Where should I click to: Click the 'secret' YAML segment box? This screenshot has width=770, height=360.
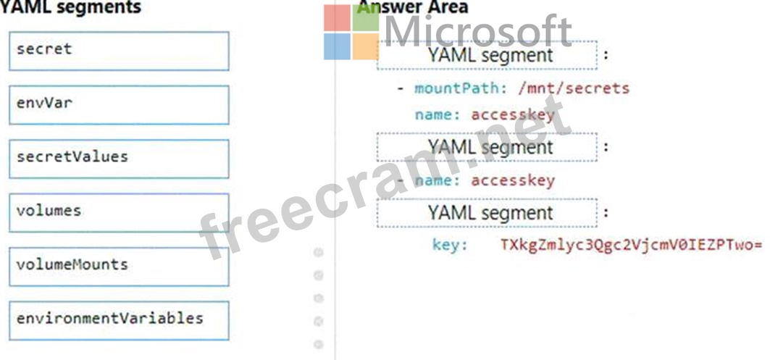pos(119,51)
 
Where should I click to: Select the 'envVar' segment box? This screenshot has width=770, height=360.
pos(119,104)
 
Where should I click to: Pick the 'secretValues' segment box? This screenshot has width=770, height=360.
pos(119,158)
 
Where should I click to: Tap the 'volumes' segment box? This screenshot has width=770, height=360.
pos(119,212)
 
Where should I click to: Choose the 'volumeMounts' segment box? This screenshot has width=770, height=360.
pos(119,265)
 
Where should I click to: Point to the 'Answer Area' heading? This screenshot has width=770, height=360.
pos(413,7)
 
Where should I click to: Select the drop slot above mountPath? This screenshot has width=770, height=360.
pos(487,55)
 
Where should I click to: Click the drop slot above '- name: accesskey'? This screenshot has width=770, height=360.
pos(487,147)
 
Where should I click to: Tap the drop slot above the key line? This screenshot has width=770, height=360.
pos(487,213)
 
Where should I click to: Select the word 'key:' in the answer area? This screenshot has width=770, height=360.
pos(450,245)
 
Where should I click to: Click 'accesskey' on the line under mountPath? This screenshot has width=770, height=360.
pos(513,114)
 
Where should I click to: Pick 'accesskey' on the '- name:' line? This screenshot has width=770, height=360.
pos(513,180)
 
